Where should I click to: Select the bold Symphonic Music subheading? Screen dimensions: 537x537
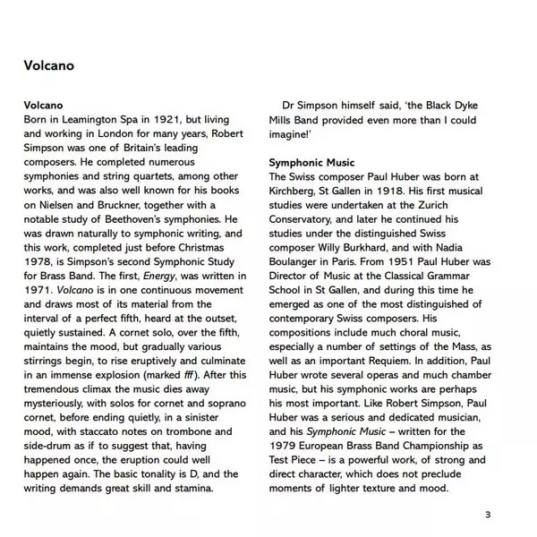[311, 162]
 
